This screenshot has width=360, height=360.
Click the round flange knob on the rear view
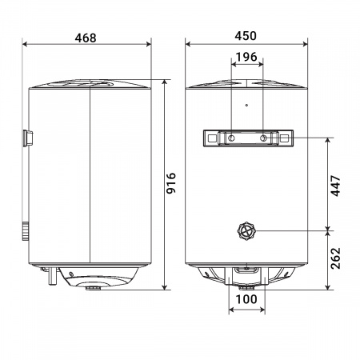click(246, 232)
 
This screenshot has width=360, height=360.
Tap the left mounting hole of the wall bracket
click(231, 139)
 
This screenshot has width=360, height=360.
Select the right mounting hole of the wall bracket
click(262, 139)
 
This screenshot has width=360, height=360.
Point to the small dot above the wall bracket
click(246, 105)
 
